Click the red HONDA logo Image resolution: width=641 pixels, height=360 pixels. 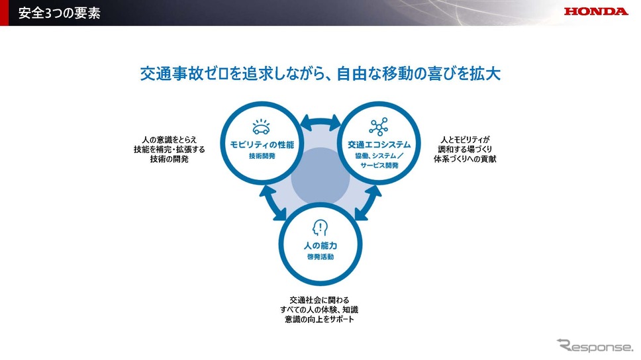pyautogui.click(x=595, y=11)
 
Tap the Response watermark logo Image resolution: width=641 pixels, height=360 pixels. pyautogui.click(x=595, y=345)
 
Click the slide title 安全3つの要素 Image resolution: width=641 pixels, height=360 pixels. pyautogui.click(x=60, y=13)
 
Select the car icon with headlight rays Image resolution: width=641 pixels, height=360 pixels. pyautogui.click(x=261, y=127)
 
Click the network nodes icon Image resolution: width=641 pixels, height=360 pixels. pyautogui.click(x=379, y=126)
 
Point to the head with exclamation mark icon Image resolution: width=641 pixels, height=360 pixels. pyautogui.click(x=320, y=228)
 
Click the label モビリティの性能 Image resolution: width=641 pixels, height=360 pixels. pyautogui.click(x=262, y=145)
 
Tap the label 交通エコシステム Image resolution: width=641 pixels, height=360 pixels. pyautogui.click(x=379, y=145)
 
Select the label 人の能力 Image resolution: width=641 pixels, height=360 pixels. pyautogui.click(x=320, y=246)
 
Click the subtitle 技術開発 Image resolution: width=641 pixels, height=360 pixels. pyautogui.click(x=262, y=156)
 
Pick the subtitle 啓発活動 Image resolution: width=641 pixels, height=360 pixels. pyautogui.click(x=320, y=257)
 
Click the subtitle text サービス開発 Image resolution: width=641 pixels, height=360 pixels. pyautogui.click(x=379, y=165)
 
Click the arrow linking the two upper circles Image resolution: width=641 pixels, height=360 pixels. pyautogui.click(x=320, y=122)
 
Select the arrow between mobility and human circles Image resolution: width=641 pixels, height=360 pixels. pyautogui.click(x=273, y=203)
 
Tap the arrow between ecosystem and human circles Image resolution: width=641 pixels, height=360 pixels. pyautogui.click(x=368, y=203)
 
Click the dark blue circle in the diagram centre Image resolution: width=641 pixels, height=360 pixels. pyautogui.click(x=320, y=177)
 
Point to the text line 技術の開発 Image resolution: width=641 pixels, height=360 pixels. pyautogui.click(x=170, y=159)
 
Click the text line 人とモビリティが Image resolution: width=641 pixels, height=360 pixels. pyautogui.click(x=466, y=140)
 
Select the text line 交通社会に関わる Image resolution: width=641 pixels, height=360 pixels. pyautogui.click(x=319, y=300)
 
